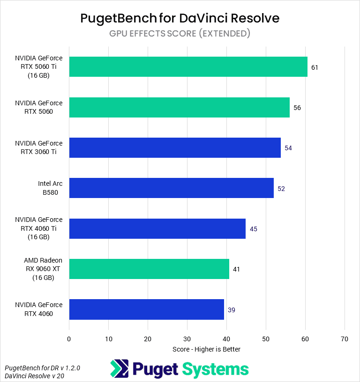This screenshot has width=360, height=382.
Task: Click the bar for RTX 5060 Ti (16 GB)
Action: (x=188, y=67)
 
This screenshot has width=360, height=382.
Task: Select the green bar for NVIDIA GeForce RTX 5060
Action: (x=179, y=107)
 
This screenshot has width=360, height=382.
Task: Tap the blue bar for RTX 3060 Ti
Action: (x=175, y=147)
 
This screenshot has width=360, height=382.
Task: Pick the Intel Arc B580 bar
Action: (x=171, y=188)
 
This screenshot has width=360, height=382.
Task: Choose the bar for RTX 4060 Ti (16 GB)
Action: (x=157, y=228)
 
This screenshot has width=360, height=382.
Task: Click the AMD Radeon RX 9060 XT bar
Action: (x=149, y=269)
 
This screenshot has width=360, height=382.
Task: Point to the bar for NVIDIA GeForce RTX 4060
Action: (x=146, y=309)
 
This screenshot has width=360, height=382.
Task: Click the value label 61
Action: (x=315, y=67)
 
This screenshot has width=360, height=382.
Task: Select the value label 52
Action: (x=281, y=189)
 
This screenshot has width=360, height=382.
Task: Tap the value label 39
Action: (x=231, y=310)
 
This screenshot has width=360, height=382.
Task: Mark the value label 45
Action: (x=254, y=229)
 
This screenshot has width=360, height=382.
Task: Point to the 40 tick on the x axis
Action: (x=226, y=339)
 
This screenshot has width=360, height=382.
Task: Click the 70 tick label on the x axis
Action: (x=345, y=339)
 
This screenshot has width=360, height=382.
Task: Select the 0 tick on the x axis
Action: (x=69, y=339)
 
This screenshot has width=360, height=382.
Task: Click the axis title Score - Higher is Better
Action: (x=206, y=349)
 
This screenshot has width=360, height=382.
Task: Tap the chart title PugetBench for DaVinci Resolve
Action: (x=180, y=18)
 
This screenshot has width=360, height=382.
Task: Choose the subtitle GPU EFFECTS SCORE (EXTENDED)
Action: (x=180, y=34)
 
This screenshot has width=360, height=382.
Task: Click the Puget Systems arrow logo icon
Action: (x=120, y=369)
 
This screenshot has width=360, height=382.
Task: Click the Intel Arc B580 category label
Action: (x=50, y=188)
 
